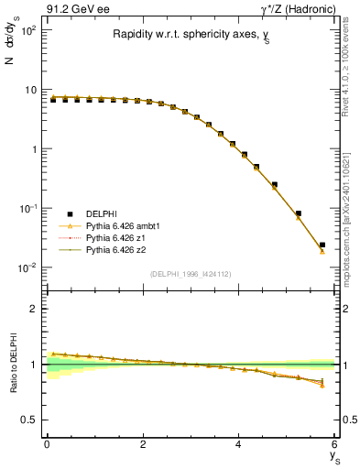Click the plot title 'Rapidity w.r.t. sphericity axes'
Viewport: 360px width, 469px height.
click(191, 36)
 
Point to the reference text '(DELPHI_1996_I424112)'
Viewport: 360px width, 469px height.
click(191, 273)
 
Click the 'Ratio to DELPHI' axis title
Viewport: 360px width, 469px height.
click(14, 364)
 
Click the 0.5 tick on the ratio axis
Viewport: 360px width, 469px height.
click(32, 420)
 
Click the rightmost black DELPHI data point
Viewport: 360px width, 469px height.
click(322, 245)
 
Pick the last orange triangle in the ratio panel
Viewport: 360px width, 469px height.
click(322, 386)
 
